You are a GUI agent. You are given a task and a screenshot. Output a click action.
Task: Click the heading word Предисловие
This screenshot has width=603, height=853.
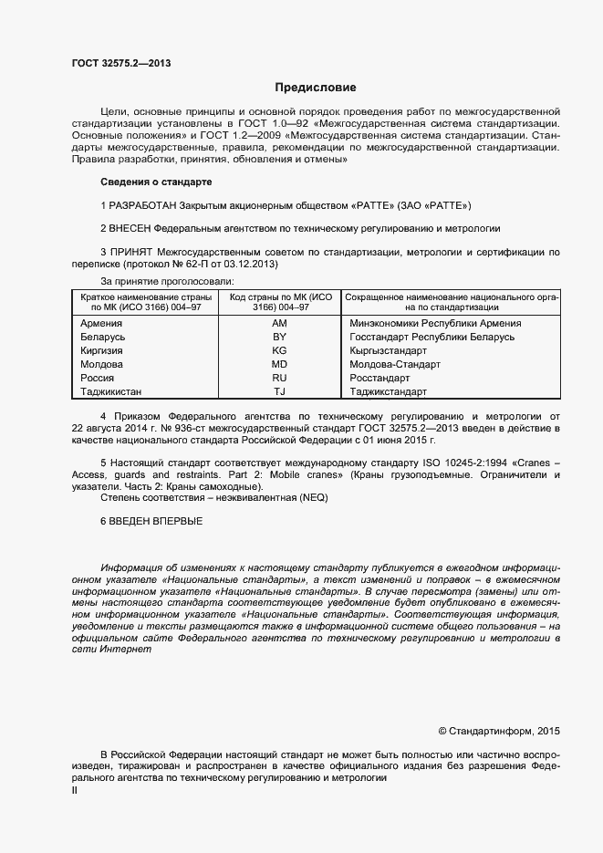[316, 88]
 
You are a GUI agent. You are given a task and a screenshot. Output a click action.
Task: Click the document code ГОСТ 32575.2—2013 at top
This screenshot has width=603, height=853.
[121, 63]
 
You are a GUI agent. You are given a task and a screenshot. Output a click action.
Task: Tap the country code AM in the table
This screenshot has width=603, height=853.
[280, 324]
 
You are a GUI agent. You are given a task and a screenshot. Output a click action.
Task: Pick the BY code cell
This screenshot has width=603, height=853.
[280, 338]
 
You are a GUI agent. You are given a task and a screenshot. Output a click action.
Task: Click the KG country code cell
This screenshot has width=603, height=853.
[280, 351]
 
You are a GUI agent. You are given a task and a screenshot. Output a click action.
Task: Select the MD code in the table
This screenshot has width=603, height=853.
[280, 365]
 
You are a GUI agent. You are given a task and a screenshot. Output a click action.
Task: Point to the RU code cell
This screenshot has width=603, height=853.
[280, 379]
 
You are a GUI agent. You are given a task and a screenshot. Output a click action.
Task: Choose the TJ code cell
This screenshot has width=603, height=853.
[280, 392]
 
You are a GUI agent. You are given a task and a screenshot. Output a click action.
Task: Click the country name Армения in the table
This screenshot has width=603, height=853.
[101, 324]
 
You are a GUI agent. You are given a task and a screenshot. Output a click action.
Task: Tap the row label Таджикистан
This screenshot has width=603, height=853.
[111, 392]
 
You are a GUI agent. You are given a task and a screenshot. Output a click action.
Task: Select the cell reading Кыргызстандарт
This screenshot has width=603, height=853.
[388, 351]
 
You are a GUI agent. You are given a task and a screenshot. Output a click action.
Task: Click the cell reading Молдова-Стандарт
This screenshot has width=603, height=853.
[395, 365]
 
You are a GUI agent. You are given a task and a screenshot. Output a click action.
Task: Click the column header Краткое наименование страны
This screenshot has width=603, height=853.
[146, 298]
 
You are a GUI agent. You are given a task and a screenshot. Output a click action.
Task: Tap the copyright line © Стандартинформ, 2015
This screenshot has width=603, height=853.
[499, 731]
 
